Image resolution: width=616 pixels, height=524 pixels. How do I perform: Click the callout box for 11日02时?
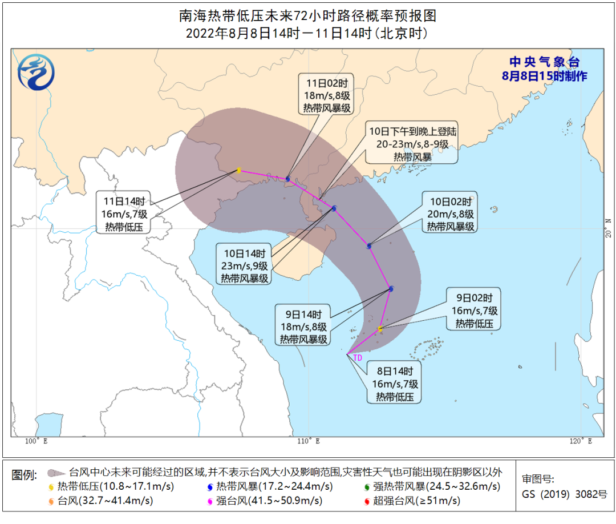pyautogui.click(x=327, y=94)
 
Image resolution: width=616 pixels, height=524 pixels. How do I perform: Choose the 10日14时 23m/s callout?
pyautogui.click(x=245, y=265)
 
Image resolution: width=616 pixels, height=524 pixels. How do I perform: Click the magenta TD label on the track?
pyautogui.click(x=358, y=358)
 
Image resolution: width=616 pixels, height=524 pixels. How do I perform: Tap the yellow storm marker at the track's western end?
pyautogui.click(x=238, y=170)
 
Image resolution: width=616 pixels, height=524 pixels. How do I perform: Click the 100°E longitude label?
pyautogui.click(x=36, y=441)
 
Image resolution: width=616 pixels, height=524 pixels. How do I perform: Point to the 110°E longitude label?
pyautogui.click(x=308, y=441)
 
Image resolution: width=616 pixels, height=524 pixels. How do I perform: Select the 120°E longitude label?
pyautogui.click(x=580, y=441)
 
